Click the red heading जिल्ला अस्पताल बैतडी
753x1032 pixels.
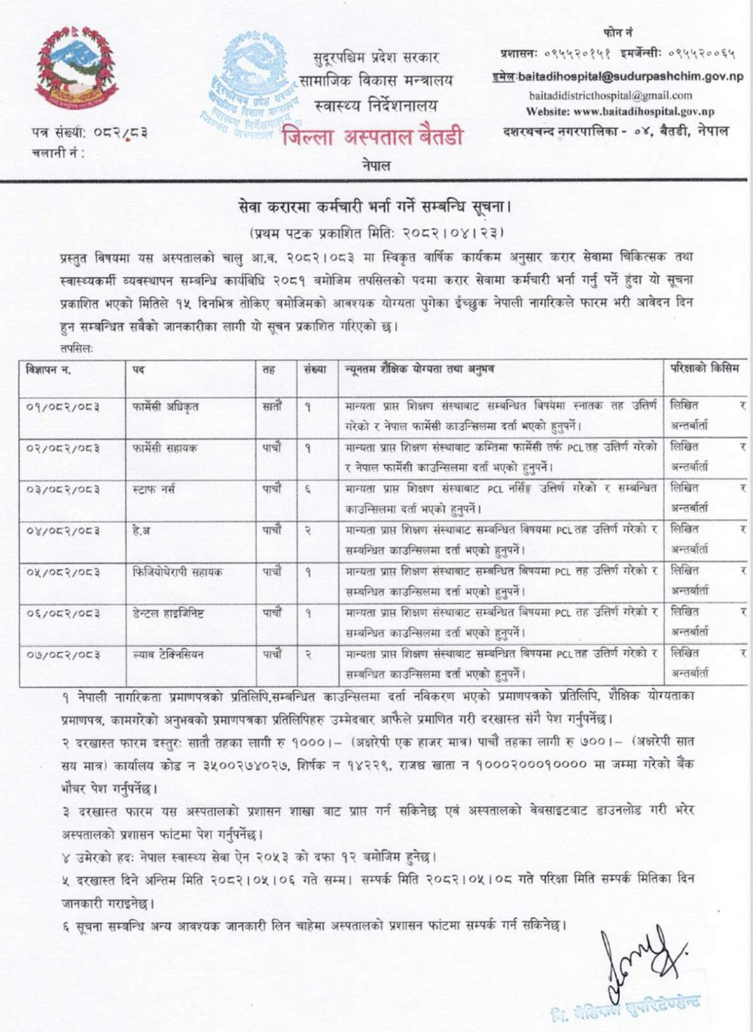(373, 137)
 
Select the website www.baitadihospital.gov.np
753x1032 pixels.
(620, 111)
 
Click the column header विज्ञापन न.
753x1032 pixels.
(48, 370)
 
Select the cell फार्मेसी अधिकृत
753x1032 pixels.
(163, 406)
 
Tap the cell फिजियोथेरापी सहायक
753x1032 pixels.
(176, 572)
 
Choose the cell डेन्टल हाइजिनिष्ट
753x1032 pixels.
(166, 613)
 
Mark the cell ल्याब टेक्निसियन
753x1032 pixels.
(166, 655)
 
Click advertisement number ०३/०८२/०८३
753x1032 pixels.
(62, 489)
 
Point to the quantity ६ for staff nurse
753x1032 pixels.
(308, 489)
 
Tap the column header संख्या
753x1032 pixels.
(316, 370)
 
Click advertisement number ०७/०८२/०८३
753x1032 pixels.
(62, 655)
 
